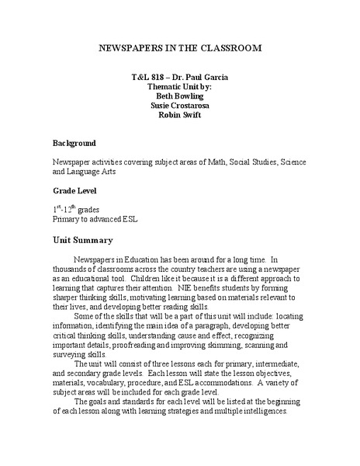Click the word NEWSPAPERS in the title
132,47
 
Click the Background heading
74,144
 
